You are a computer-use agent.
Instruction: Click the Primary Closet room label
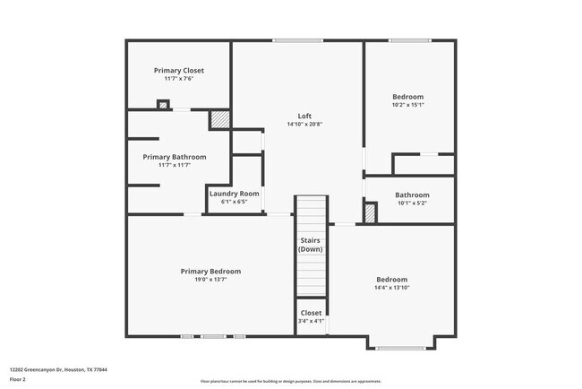[179, 70]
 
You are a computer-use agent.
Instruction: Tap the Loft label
[304, 115]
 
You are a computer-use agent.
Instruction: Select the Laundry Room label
[235, 194]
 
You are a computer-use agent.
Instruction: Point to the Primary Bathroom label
[175, 157]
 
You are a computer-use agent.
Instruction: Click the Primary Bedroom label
[210, 272]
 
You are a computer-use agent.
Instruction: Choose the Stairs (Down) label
[310, 245]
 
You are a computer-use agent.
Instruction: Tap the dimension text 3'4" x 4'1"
[311, 321]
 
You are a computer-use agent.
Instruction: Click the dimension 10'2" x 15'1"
[408, 105]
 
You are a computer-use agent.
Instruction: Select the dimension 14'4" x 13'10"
[391, 288]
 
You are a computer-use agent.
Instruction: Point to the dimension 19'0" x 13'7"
[210, 280]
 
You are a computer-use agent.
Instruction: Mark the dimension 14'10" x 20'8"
[304, 124]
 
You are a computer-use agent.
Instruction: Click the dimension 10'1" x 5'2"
[412, 203]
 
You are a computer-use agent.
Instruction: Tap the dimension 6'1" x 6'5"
[235, 202]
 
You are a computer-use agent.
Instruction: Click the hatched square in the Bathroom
[370, 213]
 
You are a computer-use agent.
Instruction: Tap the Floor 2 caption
[19, 379]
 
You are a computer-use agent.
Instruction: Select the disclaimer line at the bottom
[290, 380]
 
